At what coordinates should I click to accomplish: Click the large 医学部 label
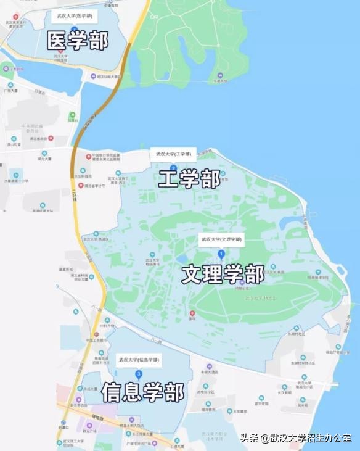pyautogui.click(x=78, y=41)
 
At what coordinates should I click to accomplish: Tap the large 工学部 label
pyautogui.click(x=189, y=179)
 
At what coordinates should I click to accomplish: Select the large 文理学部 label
pyautogui.click(x=223, y=274)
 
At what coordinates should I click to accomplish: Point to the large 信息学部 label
pyautogui.click(x=142, y=391)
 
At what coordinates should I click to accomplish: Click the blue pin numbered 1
pyautogui.click(x=221, y=254)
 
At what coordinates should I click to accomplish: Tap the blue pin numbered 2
pyautogui.click(x=173, y=168)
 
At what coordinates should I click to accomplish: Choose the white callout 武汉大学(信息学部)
pyautogui.click(x=138, y=359)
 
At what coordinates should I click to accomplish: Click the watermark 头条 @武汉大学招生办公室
pyautogui.click(x=295, y=439)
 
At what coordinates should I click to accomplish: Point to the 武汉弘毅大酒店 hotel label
pyautogui.click(x=107, y=77)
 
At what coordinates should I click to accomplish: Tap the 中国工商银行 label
pyautogui.click(x=98, y=339)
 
